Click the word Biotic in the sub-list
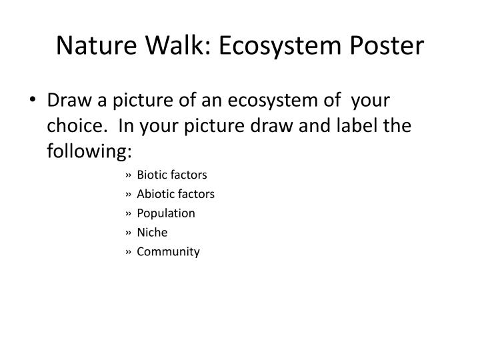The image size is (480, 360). (151, 175)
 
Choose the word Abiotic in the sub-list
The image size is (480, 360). (155, 194)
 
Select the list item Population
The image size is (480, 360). (166, 213)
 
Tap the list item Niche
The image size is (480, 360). (152, 233)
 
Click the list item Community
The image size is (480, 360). (168, 252)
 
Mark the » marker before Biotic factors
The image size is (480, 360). (127, 175)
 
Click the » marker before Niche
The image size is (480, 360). (127, 233)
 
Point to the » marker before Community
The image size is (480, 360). (127, 253)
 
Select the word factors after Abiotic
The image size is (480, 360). (195, 194)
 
